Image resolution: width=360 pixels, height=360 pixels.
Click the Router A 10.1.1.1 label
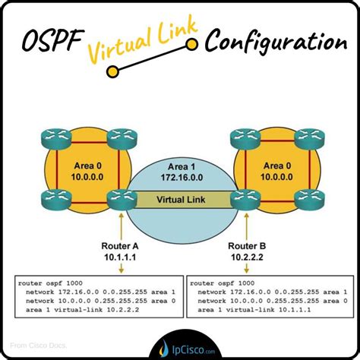pos(119,253)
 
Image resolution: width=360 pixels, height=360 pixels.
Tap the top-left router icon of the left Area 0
pos(54,138)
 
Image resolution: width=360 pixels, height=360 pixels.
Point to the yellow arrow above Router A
pos(119,226)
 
